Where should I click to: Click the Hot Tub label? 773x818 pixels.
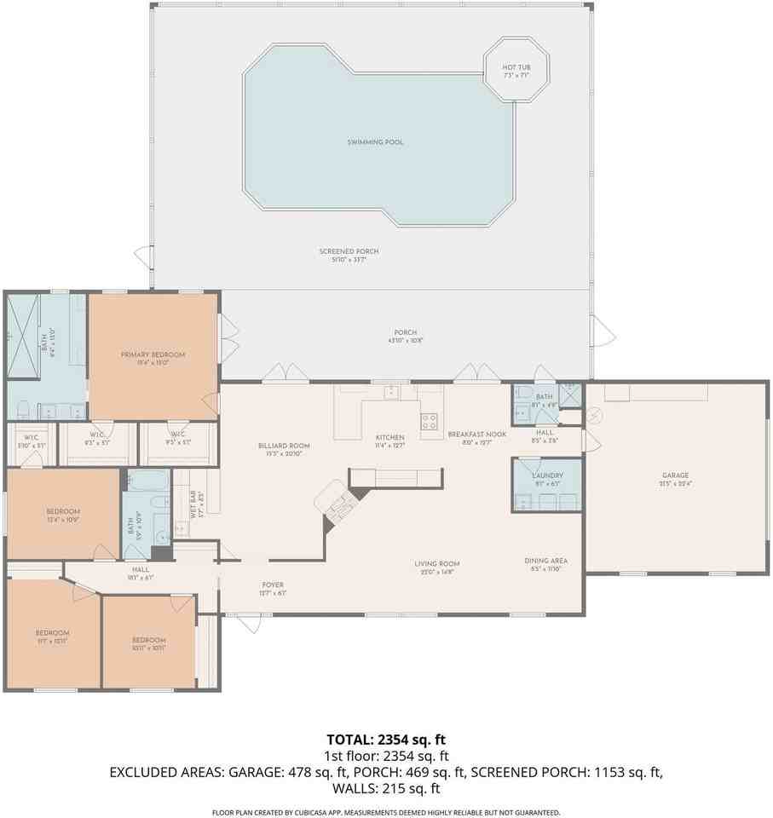click(516, 67)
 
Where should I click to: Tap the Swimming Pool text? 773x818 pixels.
click(375, 142)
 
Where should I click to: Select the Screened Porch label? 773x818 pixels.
click(349, 252)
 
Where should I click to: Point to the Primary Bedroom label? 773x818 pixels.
click(153, 355)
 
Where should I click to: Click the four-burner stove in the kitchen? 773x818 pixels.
click(430, 420)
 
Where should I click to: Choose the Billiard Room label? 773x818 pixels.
click(284, 446)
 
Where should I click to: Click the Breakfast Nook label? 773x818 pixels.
click(477, 435)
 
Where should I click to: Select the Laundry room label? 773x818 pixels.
click(546, 475)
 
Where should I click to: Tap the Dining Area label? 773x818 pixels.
click(545, 561)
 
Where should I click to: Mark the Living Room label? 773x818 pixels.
click(437, 563)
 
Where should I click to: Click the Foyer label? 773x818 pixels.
click(273, 585)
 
